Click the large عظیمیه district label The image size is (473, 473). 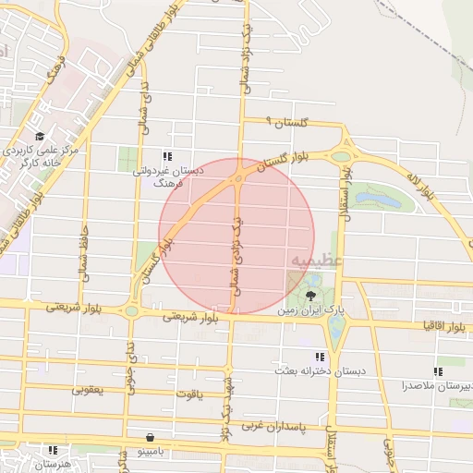[317, 261]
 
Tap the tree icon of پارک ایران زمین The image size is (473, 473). [310, 296]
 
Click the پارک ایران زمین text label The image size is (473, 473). [310, 312]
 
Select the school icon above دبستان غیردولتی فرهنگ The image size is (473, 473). [167, 156]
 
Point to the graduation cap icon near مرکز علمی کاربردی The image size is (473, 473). [40, 137]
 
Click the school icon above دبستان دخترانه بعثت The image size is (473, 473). [320, 357]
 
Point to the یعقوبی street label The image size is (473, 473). [90, 390]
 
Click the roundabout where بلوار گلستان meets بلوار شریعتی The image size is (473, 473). [132, 310]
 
